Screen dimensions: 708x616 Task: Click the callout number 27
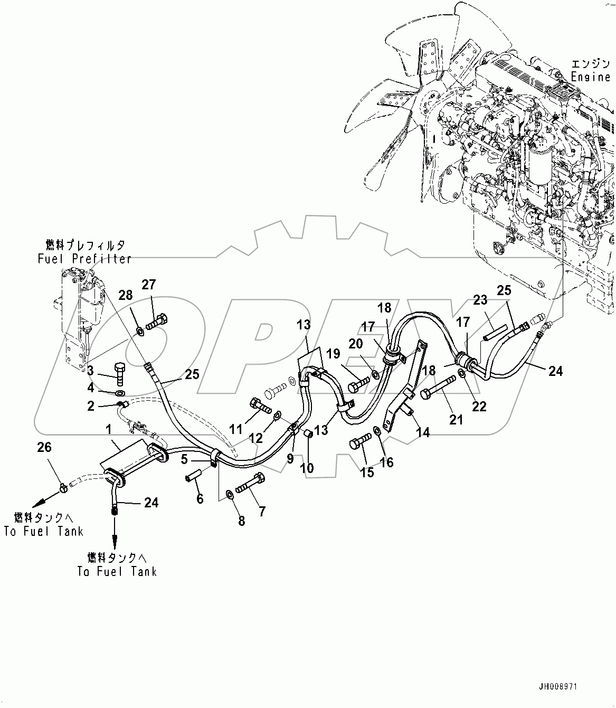tap(149, 285)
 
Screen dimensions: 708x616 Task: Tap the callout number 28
tap(126, 296)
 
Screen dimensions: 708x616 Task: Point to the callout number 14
tap(423, 432)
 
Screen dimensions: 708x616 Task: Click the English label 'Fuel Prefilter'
tap(84, 259)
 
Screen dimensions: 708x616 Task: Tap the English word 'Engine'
tap(590, 77)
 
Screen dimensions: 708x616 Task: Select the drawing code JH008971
tap(558, 687)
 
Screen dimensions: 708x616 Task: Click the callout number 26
tap(44, 448)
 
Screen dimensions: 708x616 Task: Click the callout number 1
tap(109, 430)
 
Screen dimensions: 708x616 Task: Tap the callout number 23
tap(480, 300)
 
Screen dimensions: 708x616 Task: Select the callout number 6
tap(200, 498)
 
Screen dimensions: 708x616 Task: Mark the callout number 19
tap(333, 354)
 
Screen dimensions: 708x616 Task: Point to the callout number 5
tap(184, 459)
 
